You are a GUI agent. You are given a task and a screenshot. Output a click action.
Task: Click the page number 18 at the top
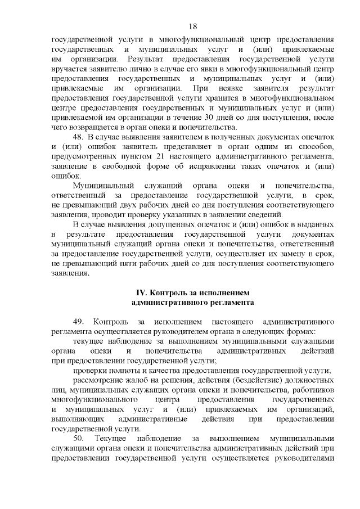point(192,26)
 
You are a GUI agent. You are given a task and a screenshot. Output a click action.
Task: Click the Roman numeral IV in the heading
point(142,292)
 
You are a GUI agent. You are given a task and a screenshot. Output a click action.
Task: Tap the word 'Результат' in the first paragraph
point(147,59)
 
